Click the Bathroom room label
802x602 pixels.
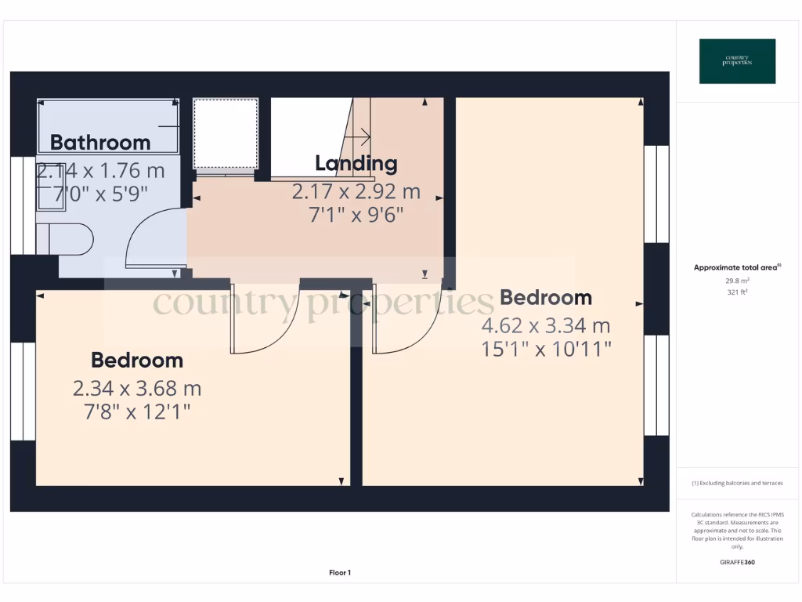click(x=100, y=142)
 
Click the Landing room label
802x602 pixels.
click(x=356, y=164)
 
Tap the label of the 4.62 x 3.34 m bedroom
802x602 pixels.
click(x=545, y=298)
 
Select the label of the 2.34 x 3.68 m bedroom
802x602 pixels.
click(x=137, y=361)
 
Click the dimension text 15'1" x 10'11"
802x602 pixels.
click(x=546, y=349)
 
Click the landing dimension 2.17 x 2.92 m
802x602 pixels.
click(x=356, y=191)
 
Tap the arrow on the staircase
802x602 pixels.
click(x=360, y=138)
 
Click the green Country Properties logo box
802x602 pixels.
click(x=737, y=61)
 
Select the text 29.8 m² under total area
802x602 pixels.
click(x=737, y=280)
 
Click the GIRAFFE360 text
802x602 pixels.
click(x=737, y=562)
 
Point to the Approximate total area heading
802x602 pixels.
click(x=737, y=267)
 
